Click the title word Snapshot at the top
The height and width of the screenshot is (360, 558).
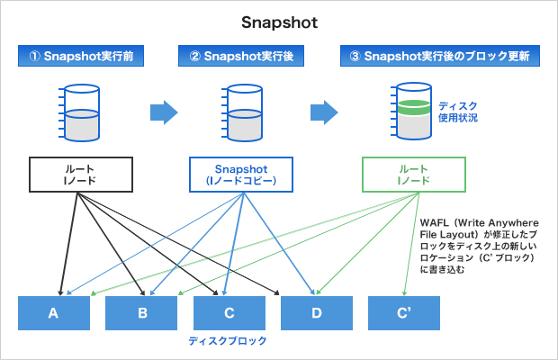point(279,20)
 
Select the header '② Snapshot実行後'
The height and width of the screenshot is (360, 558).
point(243,57)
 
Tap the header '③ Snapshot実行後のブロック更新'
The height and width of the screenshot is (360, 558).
point(440,57)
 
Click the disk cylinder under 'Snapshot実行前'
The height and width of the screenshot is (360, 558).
point(82,112)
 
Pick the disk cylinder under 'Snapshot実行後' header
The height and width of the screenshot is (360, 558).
point(243,112)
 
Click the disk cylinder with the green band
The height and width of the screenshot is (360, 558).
point(409,112)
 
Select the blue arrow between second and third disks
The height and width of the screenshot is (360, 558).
point(325,112)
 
